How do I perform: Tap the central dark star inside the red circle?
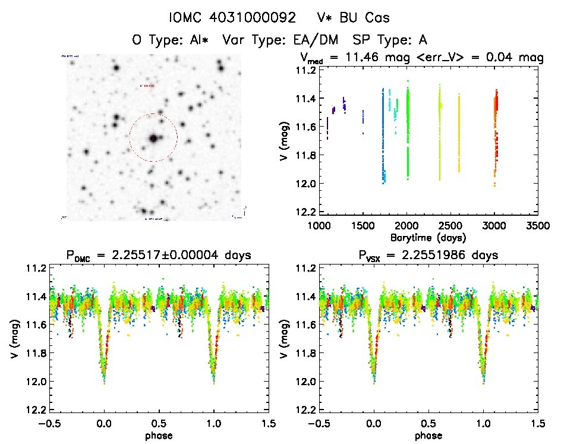[153, 138]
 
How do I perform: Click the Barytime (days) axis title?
[428, 237]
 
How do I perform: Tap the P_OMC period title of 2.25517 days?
[159, 256]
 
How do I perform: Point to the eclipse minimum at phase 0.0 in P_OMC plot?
[105, 380]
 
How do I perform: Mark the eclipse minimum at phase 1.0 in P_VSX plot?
[483, 380]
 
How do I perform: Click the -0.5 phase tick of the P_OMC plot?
[48, 423]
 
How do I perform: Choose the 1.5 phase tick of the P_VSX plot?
[538, 423]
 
